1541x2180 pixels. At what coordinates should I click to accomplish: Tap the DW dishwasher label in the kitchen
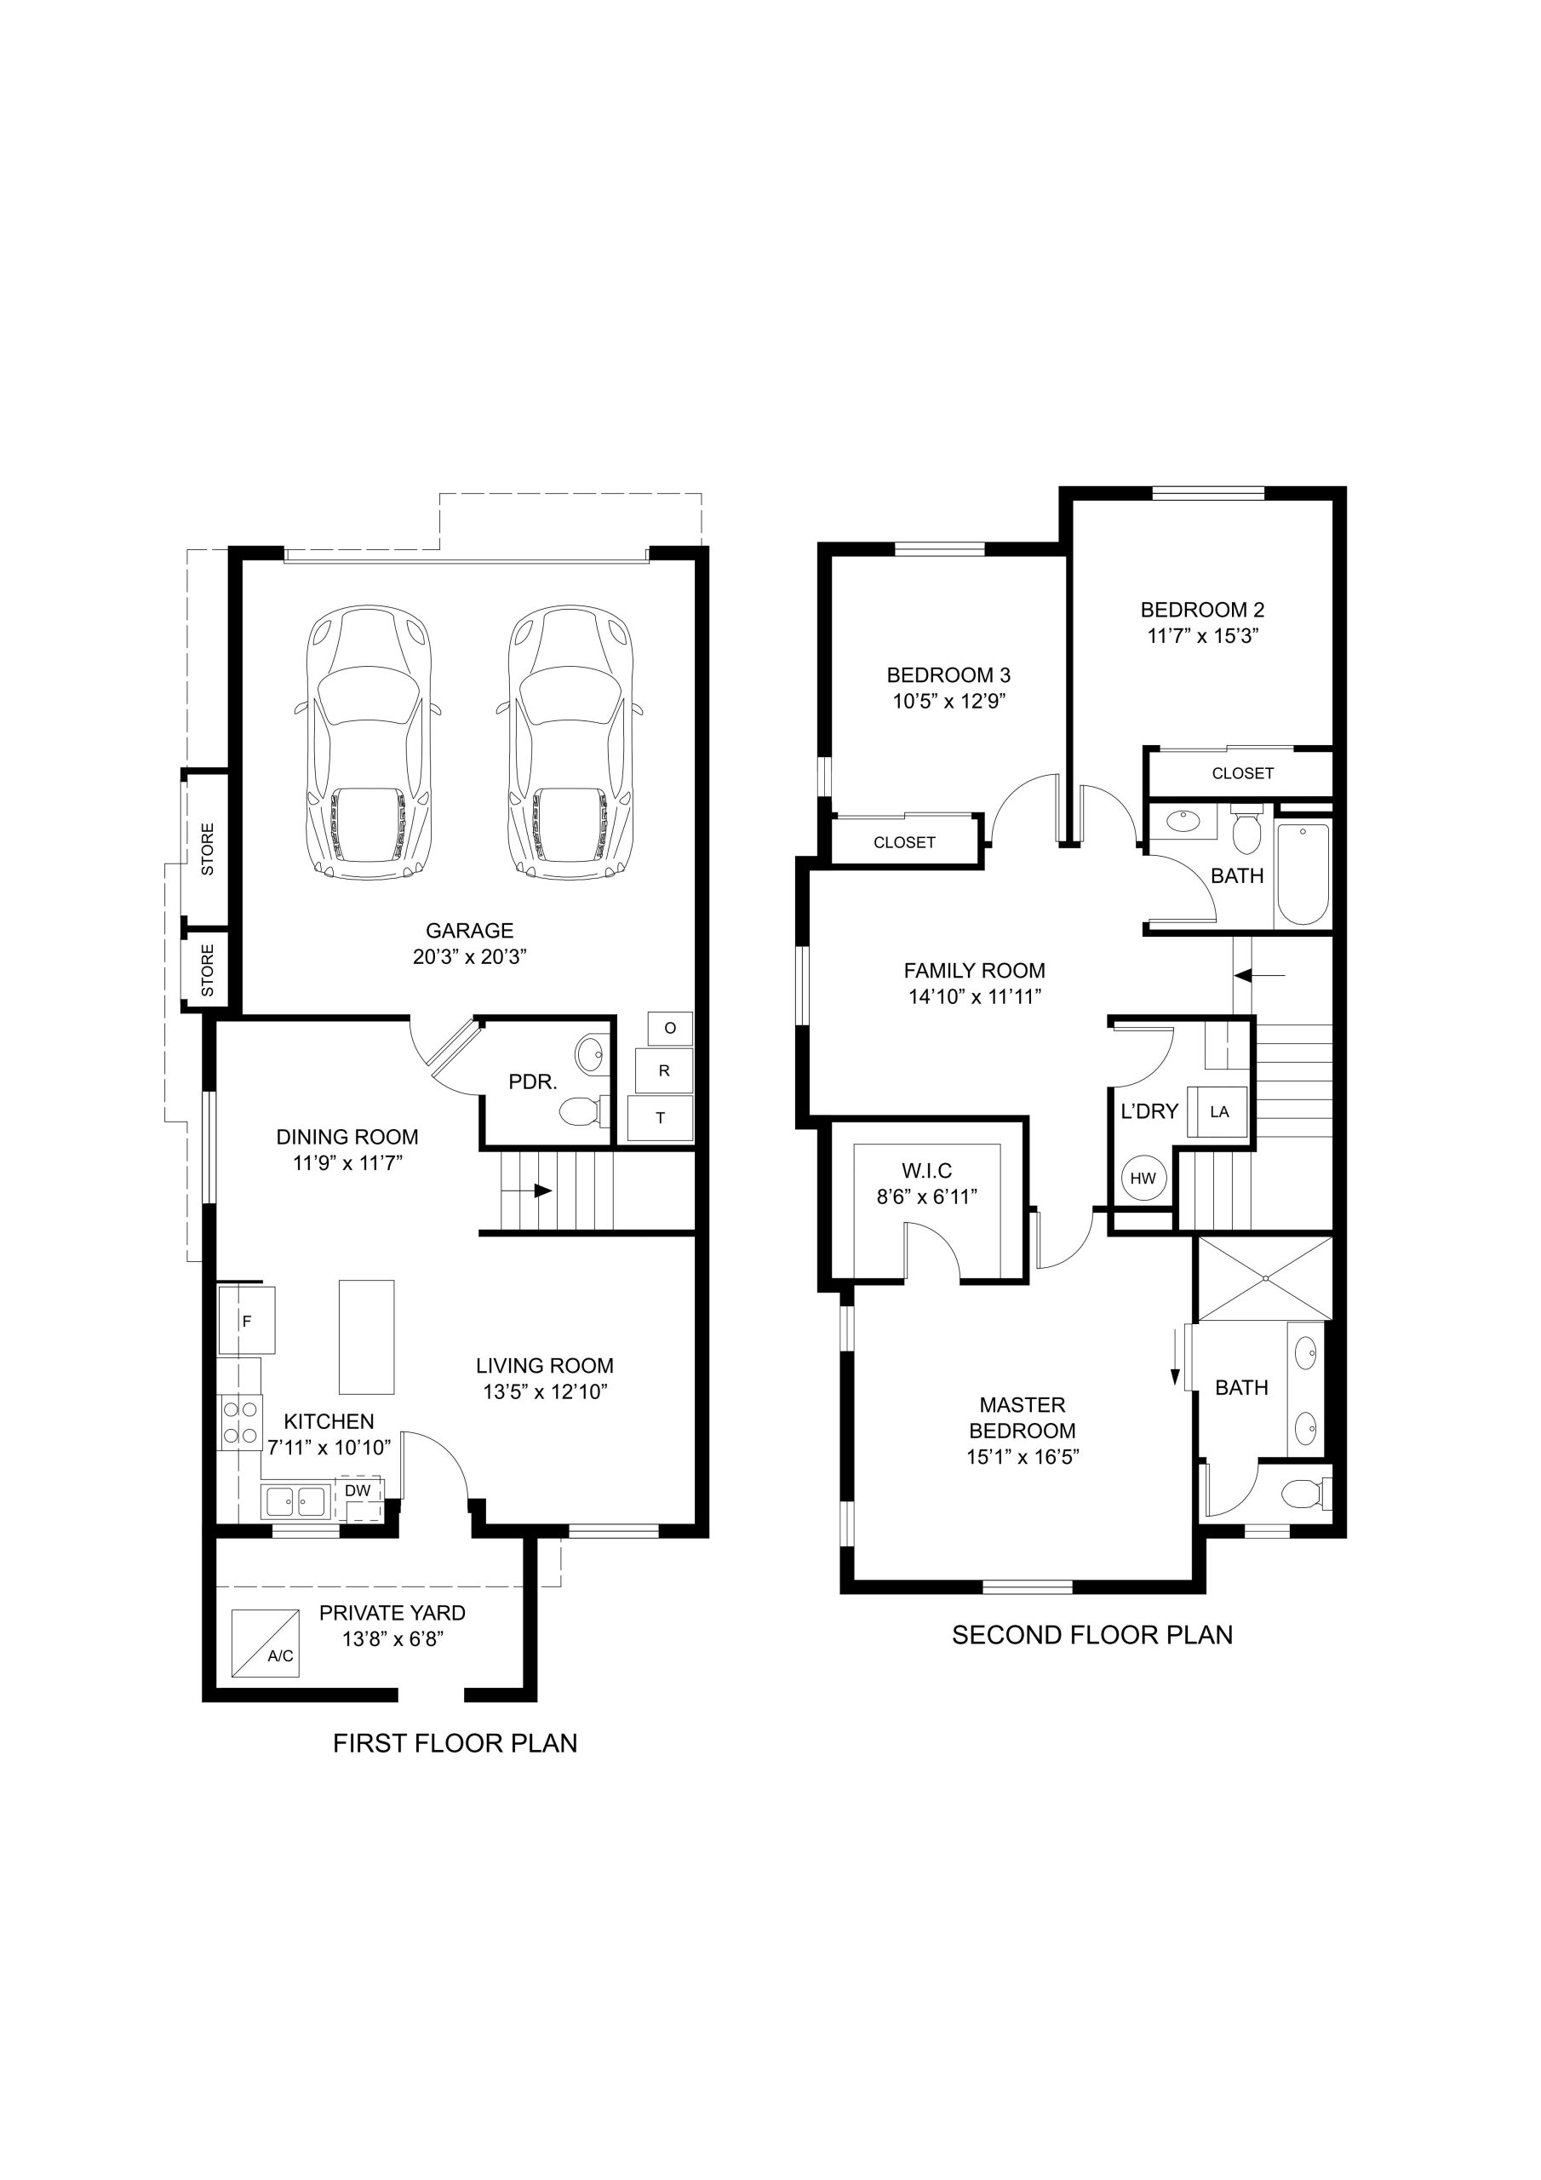click(x=358, y=1491)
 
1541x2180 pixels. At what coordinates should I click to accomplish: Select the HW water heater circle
click(x=1143, y=1179)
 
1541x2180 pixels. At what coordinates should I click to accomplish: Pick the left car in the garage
click(x=369, y=743)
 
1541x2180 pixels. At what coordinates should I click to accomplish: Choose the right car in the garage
click(x=570, y=743)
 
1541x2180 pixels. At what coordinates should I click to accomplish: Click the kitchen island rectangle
click(x=366, y=1337)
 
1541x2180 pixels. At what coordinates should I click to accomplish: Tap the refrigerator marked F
click(x=247, y=1320)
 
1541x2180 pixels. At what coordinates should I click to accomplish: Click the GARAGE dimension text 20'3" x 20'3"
click(x=469, y=956)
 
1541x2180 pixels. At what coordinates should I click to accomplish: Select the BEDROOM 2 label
click(x=1202, y=610)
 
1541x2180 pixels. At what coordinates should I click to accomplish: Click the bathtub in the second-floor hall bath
click(x=1303, y=874)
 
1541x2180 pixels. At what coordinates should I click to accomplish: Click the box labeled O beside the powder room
click(x=670, y=1029)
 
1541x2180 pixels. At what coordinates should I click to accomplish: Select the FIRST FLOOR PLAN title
click(x=455, y=1743)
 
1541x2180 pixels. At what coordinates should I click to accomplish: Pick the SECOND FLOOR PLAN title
click(x=1092, y=1635)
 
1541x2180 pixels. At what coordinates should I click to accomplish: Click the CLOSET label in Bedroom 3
click(x=904, y=842)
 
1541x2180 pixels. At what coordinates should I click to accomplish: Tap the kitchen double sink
click(x=295, y=1501)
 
